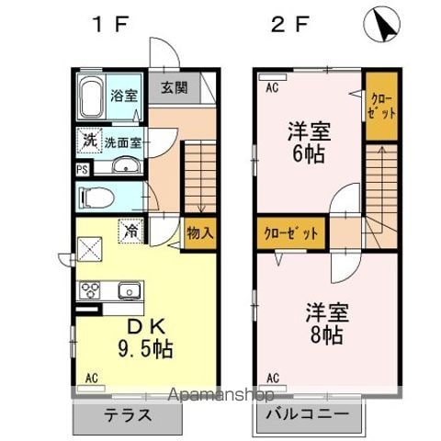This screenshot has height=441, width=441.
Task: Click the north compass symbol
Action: tap(382, 26)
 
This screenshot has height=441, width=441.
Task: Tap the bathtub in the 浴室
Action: tap(93, 97)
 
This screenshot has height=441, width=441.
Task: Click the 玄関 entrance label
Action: tap(175, 88)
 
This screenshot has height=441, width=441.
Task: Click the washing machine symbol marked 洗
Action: tap(89, 141)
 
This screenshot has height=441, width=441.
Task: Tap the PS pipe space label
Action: tap(82, 169)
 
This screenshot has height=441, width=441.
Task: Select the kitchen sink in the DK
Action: tap(128, 291)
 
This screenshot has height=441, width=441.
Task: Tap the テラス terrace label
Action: tap(126, 414)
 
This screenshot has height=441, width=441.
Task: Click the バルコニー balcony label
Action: tap(309, 414)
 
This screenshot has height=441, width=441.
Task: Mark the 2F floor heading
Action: tap(288, 26)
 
